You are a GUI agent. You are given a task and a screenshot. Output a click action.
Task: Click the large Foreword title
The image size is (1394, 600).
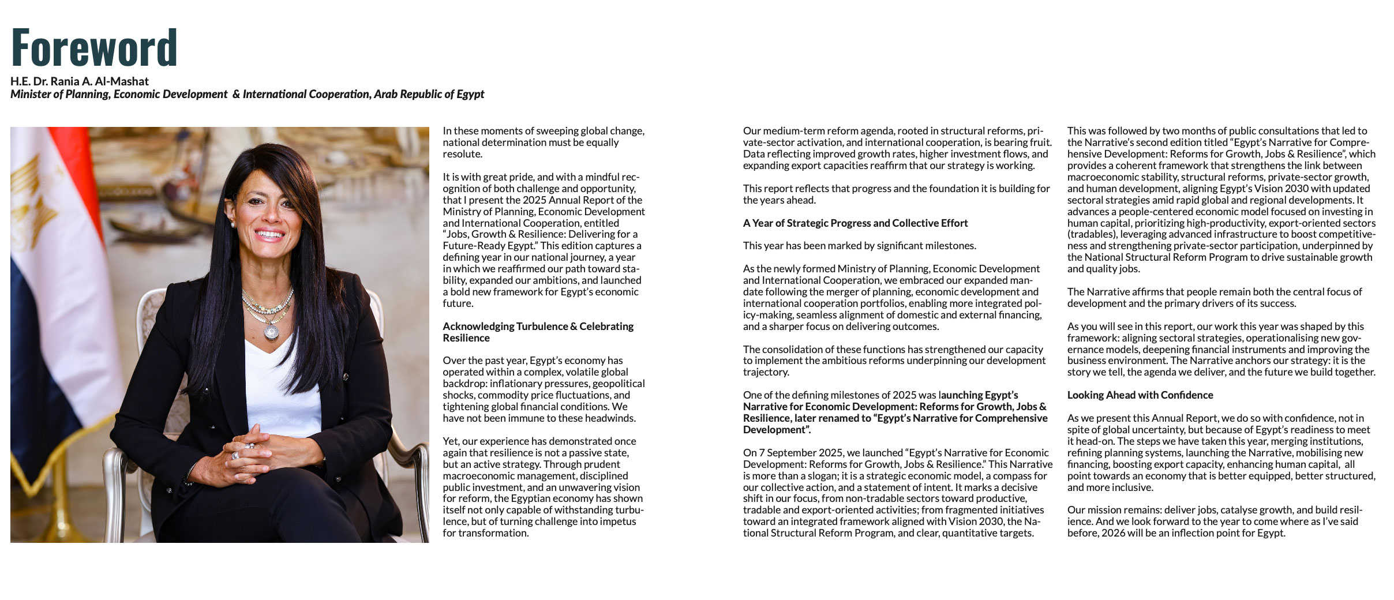coord(94,47)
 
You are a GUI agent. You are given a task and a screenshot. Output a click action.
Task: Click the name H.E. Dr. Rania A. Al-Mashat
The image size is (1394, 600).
coord(80,81)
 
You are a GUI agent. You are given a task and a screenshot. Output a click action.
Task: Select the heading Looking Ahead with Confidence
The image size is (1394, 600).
coord(1140,395)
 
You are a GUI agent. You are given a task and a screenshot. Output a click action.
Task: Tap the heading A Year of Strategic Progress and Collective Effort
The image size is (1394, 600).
coord(855,223)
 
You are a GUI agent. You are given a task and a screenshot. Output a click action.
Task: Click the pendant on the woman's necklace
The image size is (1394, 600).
coord(271,332)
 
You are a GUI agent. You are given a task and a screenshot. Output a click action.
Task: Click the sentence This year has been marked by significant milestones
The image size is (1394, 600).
coord(859,246)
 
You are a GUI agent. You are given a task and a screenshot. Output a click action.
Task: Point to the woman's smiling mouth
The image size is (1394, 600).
coord(269,235)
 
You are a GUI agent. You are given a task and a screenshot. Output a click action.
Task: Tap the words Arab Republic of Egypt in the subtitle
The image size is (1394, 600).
coord(429,94)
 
